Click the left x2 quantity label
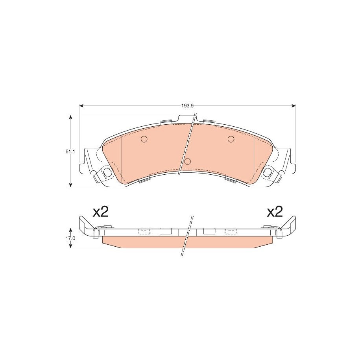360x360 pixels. [x=100, y=212]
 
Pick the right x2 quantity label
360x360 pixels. [x=275, y=212]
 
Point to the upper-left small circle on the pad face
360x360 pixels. [x=144, y=139]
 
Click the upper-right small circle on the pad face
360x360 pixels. [x=231, y=139]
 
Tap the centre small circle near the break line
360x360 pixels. [x=188, y=162]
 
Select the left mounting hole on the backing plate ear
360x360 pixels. [x=107, y=172]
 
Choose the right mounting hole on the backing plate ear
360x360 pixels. [x=268, y=172]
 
